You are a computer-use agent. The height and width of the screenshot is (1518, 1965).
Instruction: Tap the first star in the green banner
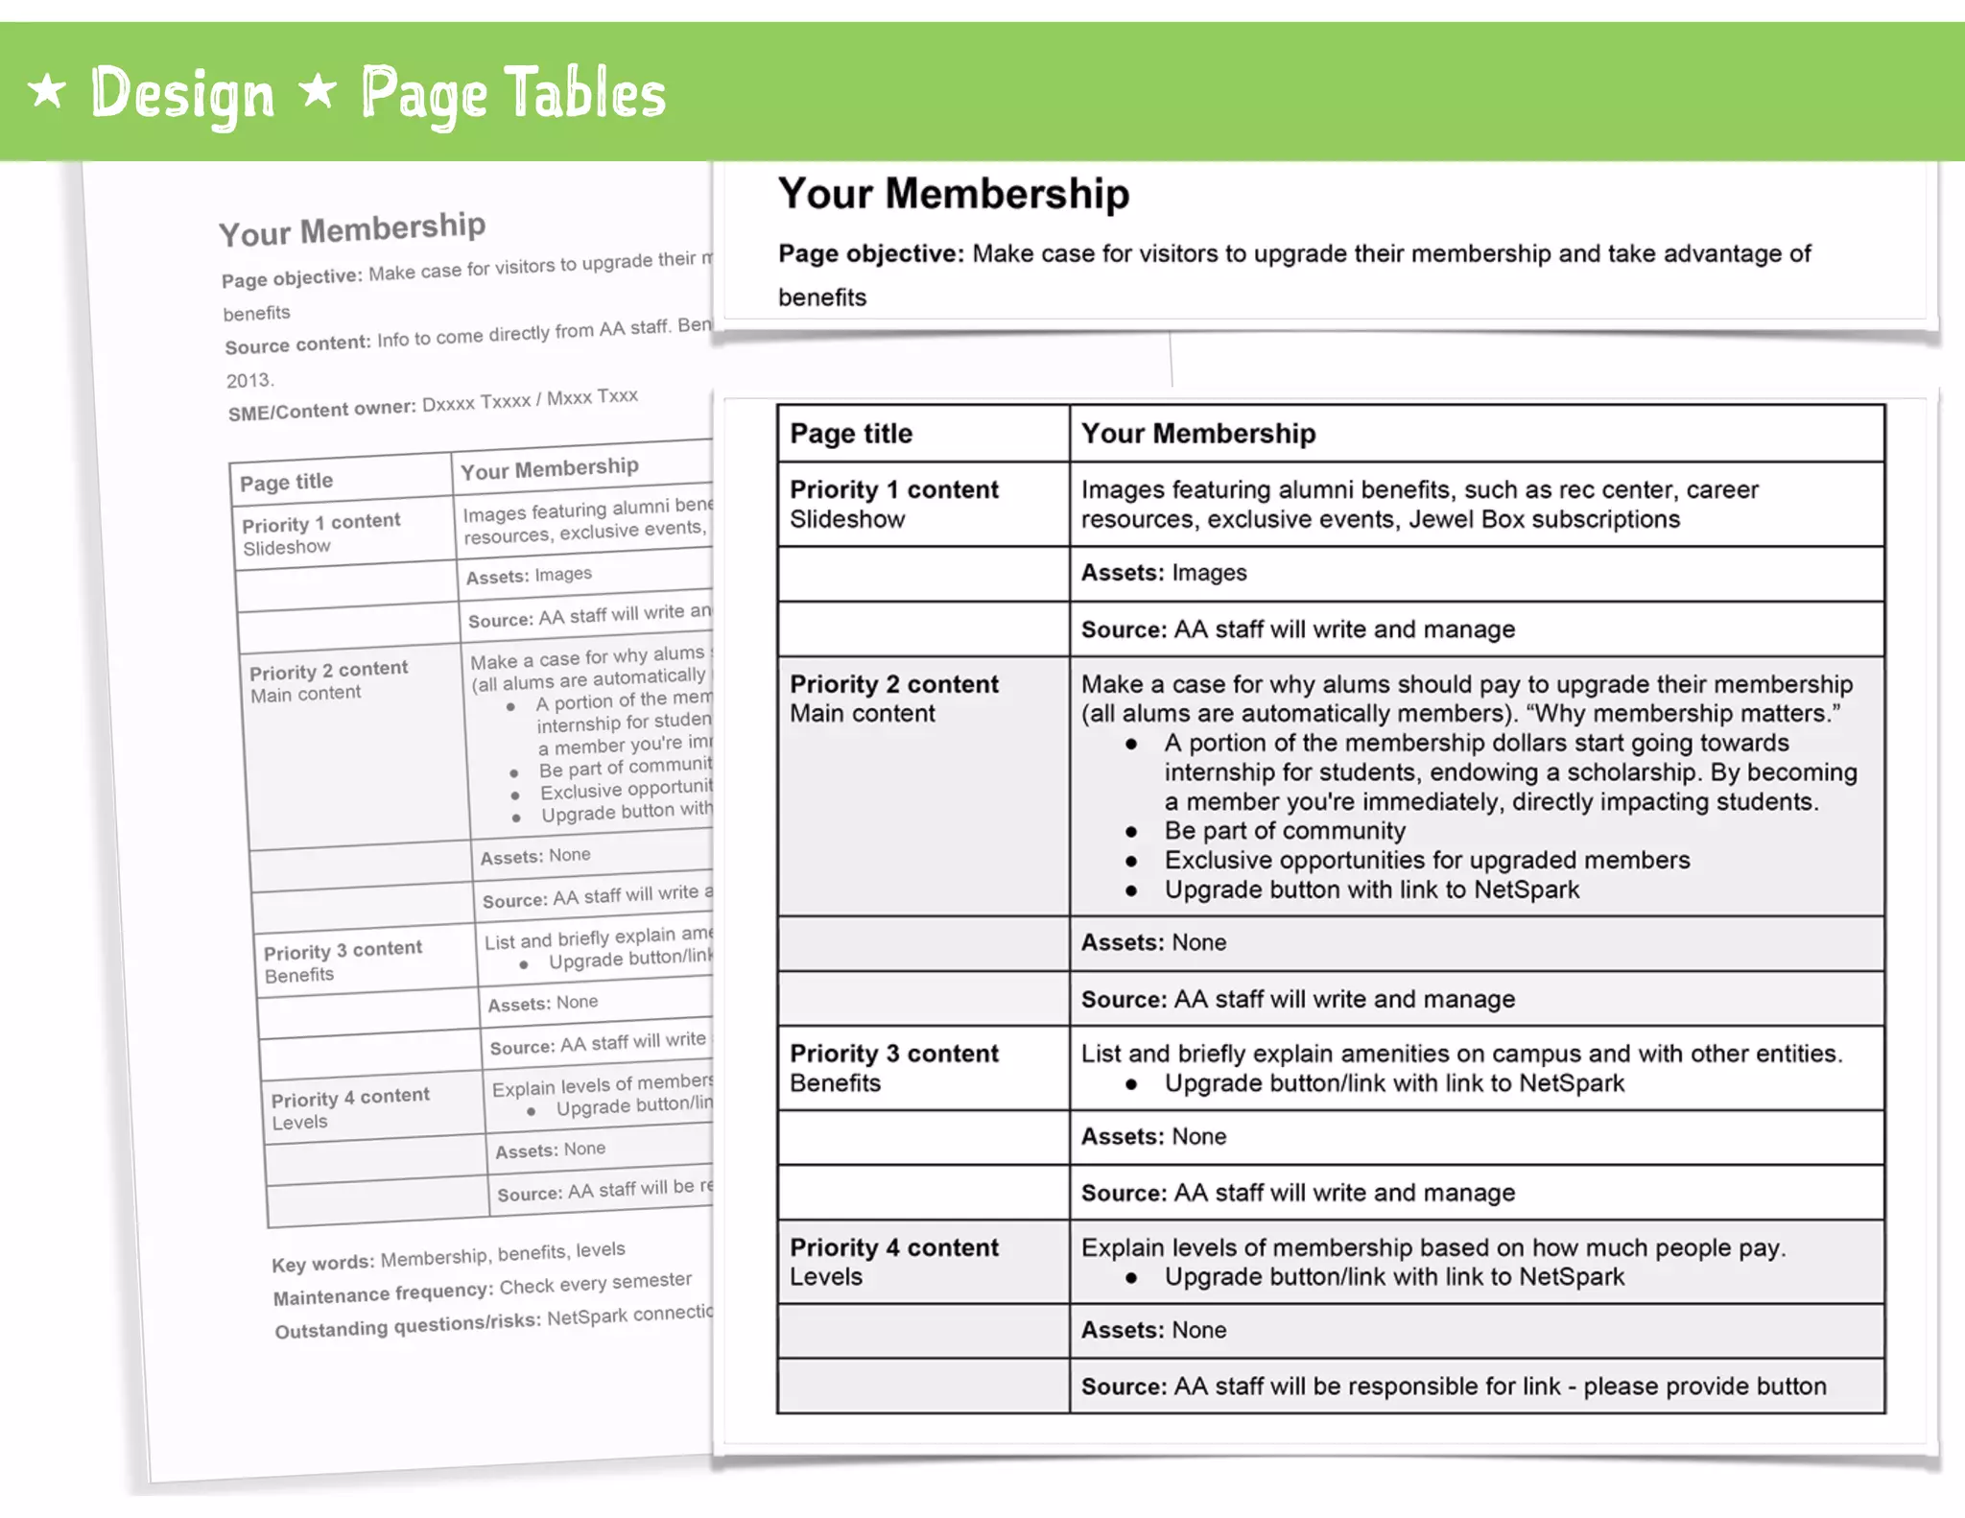[x=47, y=91]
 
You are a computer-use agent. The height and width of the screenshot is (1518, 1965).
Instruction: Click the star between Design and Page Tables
[x=317, y=91]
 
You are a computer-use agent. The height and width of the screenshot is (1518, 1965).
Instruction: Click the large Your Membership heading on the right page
[x=953, y=194]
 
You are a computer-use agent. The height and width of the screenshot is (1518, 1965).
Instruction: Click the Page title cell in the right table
[x=851, y=434]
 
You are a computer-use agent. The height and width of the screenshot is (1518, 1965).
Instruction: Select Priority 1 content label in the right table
[x=893, y=489]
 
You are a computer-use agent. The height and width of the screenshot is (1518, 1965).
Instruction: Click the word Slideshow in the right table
[x=847, y=519]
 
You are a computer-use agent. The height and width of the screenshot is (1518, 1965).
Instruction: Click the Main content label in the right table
[x=862, y=714]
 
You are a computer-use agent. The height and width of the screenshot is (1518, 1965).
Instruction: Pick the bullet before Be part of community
[x=1131, y=832]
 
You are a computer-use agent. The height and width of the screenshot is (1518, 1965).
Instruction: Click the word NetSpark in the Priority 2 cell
[x=1526, y=889]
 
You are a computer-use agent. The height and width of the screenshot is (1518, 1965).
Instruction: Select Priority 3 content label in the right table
[x=893, y=1054]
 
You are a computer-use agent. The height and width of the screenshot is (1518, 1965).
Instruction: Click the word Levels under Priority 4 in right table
[x=826, y=1277]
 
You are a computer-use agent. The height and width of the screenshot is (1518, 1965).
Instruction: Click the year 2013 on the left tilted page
[x=249, y=380]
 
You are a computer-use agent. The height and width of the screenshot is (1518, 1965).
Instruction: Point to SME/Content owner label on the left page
[x=321, y=410]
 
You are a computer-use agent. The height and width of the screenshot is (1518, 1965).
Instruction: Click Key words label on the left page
[x=322, y=1264]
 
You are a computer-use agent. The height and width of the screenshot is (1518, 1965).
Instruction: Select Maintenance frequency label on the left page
[x=383, y=1294]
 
